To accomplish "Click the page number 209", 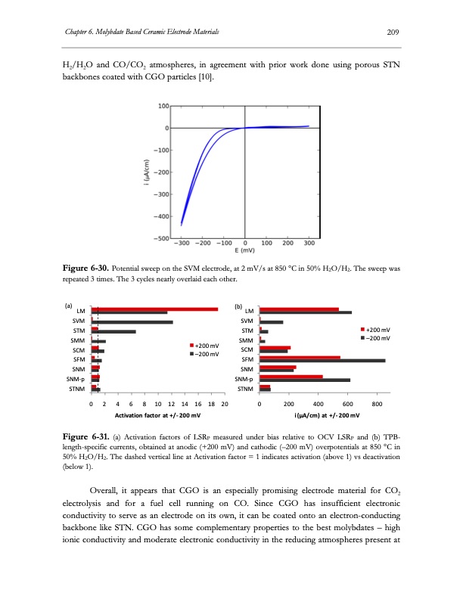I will coord(393,32).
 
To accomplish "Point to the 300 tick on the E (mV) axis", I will coord(309,244).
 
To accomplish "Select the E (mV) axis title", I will coord(244,250).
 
